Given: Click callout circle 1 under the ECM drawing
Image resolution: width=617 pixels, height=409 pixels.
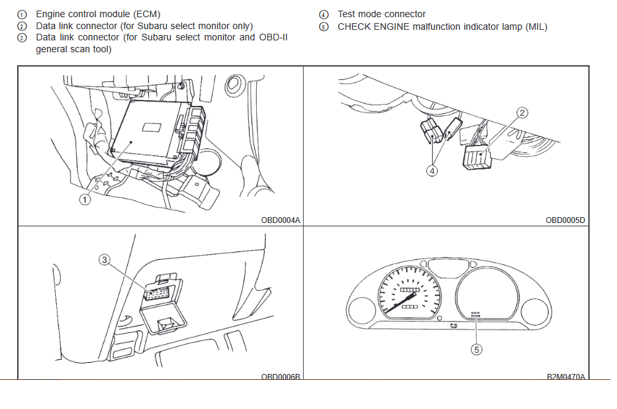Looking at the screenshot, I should point(85,199).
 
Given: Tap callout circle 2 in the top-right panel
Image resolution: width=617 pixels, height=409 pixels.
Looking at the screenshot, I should point(522,113).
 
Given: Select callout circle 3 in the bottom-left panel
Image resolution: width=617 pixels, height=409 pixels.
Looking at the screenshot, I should point(104,259).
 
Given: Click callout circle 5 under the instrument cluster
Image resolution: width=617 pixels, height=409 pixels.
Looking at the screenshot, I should point(476,350).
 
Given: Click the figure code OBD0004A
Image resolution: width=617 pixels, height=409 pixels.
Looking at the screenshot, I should point(281,220).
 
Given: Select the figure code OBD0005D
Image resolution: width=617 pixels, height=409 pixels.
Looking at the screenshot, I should point(565,220).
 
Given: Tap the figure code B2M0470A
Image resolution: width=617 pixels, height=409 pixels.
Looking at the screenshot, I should point(565,376).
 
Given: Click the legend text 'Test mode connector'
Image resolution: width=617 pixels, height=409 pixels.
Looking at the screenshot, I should point(381,14).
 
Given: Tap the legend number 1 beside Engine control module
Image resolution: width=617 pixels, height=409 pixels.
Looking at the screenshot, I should point(23,14).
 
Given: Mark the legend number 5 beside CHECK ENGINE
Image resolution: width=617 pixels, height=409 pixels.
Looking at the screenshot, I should point(323,27).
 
